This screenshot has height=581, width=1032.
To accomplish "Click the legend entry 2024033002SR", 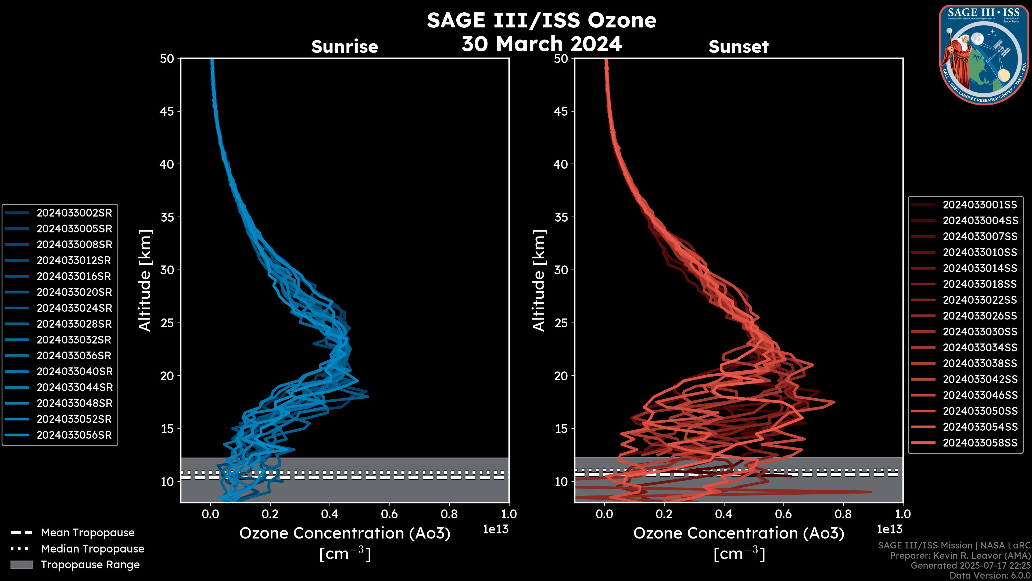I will (74, 213).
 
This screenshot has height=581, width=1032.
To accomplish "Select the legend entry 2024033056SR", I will (74, 435).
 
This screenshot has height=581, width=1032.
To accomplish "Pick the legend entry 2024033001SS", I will (980, 205).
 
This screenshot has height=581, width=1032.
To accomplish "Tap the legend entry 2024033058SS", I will (980, 443).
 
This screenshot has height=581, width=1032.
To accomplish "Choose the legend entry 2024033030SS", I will (980, 332).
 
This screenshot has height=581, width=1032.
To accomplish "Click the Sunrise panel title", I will (345, 47).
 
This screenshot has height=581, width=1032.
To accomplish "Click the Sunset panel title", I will (738, 47).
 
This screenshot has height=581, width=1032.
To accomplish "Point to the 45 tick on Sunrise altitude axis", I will (167, 111).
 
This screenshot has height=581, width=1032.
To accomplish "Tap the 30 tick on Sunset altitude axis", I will (561, 270).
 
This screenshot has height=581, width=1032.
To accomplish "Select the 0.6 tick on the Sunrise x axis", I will (389, 514).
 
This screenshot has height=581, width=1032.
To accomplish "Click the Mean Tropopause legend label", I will (87, 533).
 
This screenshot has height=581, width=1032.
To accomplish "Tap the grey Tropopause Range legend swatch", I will (21, 565).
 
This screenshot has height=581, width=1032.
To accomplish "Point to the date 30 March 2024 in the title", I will (541, 44).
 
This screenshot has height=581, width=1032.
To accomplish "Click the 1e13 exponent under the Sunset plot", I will (889, 529).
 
